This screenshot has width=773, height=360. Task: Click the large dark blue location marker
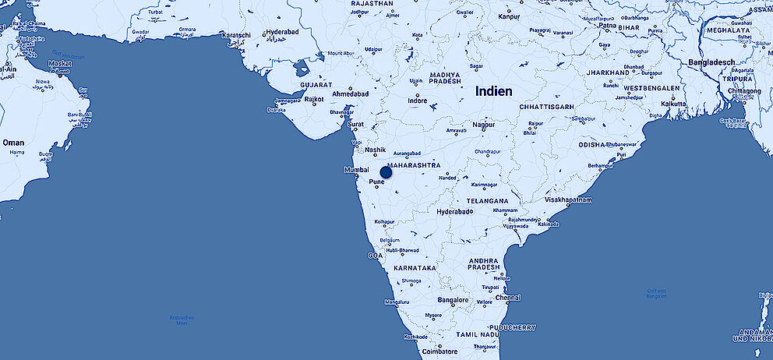pos(386,172)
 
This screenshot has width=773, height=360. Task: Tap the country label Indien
pos(494,91)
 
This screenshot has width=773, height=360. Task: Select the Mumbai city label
pos(355,170)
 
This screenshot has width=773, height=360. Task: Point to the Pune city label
pos(377,182)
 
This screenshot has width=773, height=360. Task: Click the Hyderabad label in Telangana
pos(455,212)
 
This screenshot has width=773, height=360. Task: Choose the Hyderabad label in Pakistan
pos(281,33)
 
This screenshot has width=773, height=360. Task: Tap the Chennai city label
pos(507,297)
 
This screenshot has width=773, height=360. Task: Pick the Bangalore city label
pos(454,300)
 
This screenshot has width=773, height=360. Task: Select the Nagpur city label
pos(483,125)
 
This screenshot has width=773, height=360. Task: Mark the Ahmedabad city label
pos(351,94)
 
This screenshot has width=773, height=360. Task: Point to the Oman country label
pos(13,143)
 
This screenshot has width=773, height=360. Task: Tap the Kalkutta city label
pos(672,103)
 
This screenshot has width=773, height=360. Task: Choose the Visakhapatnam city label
pos(568,200)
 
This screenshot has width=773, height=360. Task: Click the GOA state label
pos(375,255)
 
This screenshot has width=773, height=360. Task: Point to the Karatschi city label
pos(237,36)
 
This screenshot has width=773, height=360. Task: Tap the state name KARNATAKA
pos(416,267)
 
